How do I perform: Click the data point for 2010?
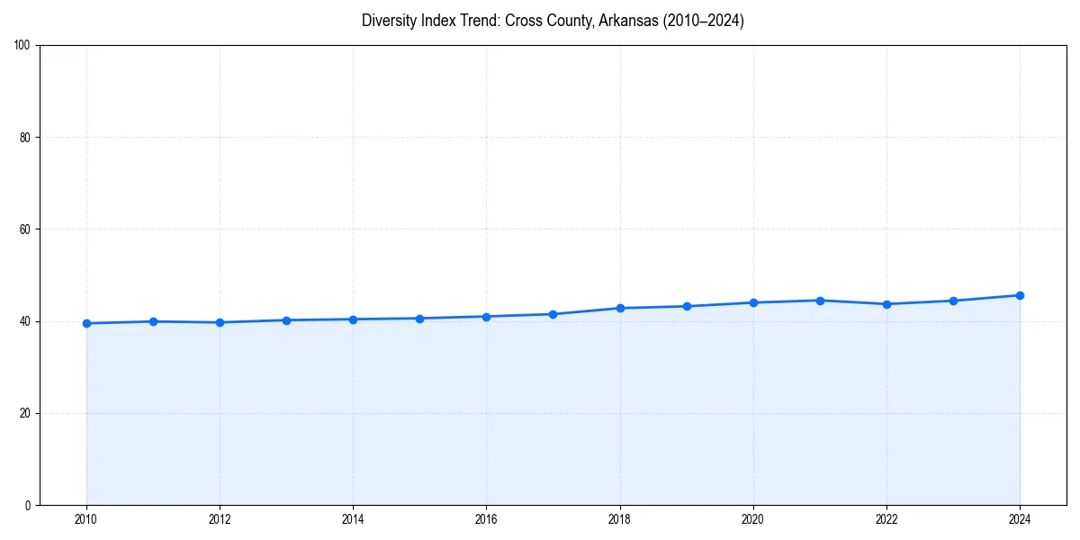click(86, 323)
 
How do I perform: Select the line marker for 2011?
click(153, 321)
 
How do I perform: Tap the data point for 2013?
click(286, 319)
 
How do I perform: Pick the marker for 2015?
click(419, 318)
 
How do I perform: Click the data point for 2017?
click(553, 314)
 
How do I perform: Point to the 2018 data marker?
click(620, 308)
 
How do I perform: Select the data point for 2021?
click(820, 300)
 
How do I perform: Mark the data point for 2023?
click(953, 301)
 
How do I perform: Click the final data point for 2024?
click(1020, 295)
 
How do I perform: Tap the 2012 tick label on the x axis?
click(220, 519)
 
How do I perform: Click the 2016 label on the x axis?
click(486, 519)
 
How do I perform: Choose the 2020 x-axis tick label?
click(753, 519)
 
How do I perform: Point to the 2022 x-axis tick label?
click(886, 519)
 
